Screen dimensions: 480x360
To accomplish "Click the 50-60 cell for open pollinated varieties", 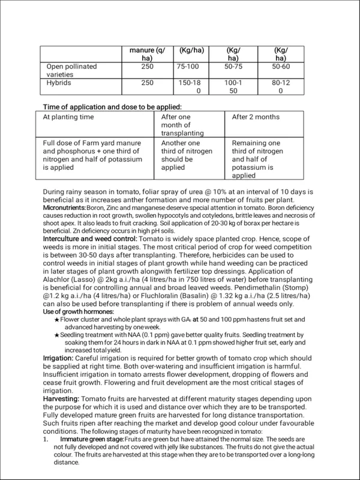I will point(280,66).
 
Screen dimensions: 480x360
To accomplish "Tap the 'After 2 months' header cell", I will point(255,116).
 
